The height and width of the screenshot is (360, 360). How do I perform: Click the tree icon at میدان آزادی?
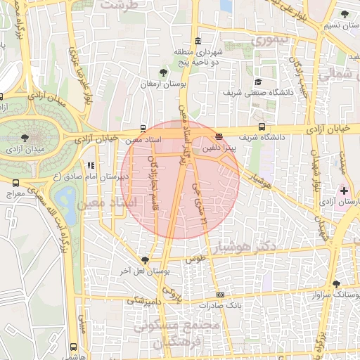coord(25,138)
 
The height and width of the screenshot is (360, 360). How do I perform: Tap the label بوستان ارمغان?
coord(162,84)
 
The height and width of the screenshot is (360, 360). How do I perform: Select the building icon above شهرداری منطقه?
coord(197,40)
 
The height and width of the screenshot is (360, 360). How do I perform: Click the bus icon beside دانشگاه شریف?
coord(262,127)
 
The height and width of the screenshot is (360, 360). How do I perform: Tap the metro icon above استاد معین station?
coord(143,129)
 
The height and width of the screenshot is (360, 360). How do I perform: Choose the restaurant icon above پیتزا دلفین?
coord(219,136)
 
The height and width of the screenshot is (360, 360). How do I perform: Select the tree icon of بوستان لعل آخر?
coord(146,259)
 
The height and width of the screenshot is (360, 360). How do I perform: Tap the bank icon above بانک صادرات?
coord(220,295)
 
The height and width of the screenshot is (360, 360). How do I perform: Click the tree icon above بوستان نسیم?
coord(343,14)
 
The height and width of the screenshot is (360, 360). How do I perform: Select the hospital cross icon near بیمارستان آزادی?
coord(343,191)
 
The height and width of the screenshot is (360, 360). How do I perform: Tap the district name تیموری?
coord(269,40)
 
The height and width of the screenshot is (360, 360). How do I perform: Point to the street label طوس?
coord(195,259)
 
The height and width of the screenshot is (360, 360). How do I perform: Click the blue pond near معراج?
coord(67,205)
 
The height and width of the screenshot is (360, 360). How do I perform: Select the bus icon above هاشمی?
coord(75,347)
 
